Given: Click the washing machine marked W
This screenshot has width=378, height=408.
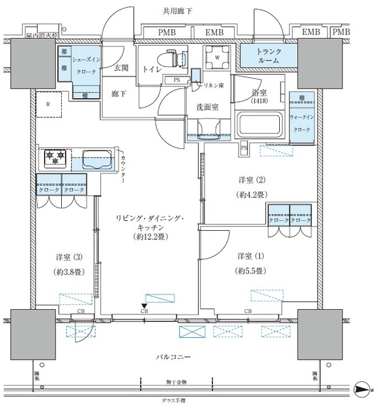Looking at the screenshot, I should (x=217, y=58).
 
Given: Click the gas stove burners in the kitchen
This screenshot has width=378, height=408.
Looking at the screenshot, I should (x=56, y=157).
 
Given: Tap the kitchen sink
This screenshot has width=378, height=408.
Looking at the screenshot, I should (x=97, y=157).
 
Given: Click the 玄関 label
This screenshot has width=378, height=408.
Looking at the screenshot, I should (x=122, y=68).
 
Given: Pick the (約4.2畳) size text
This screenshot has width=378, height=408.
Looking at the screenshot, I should (x=251, y=194).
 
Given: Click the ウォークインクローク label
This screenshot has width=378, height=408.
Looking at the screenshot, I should (x=300, y=123).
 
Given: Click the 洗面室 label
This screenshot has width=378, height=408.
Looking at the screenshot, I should (x=207, y=107).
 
